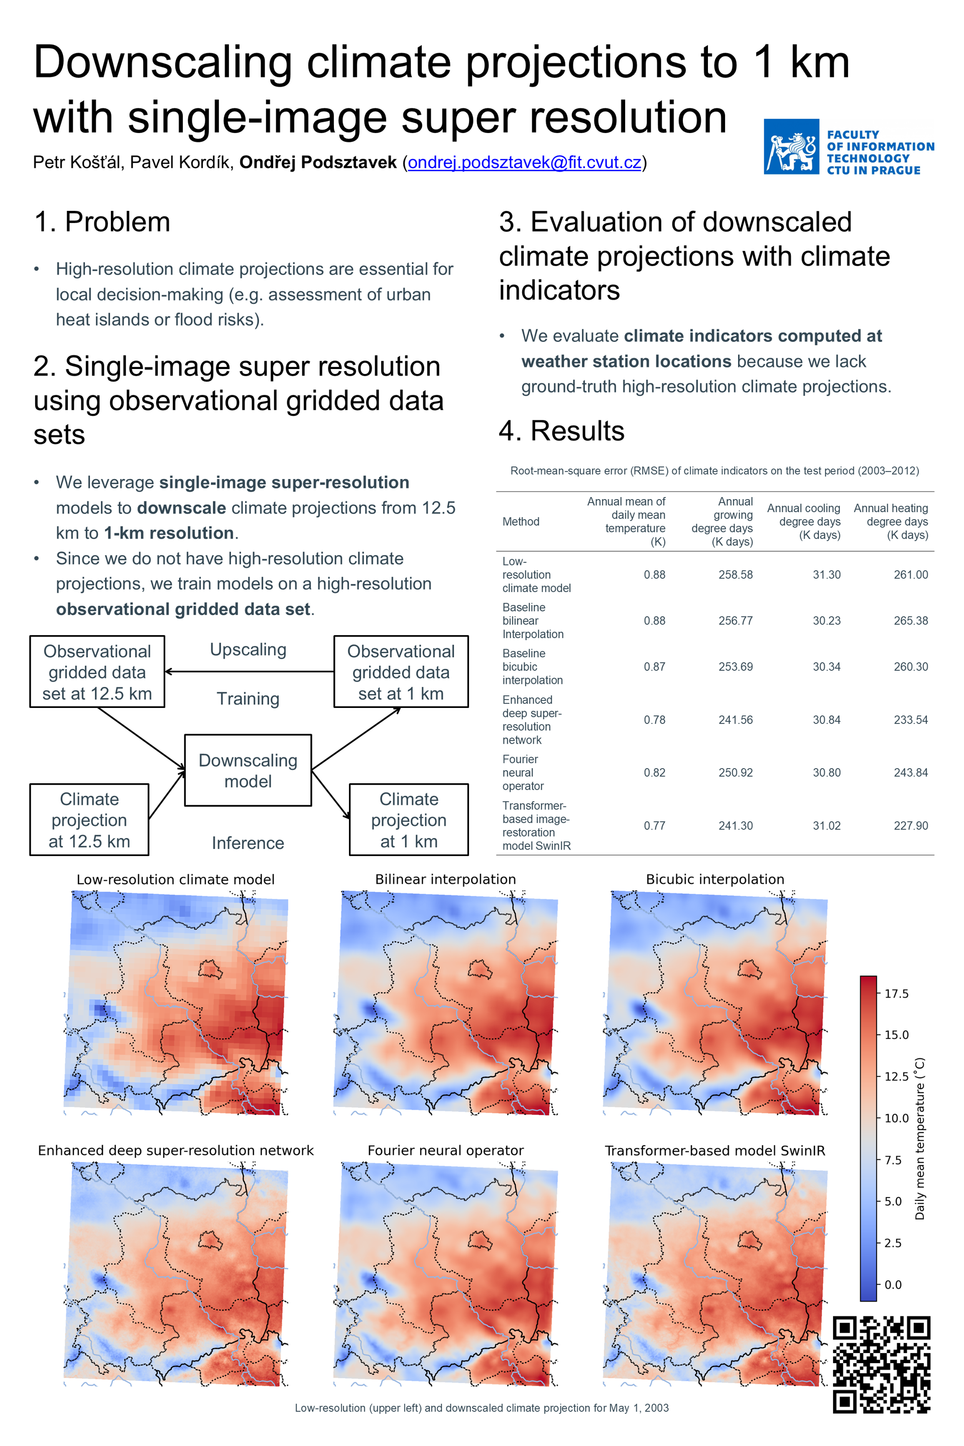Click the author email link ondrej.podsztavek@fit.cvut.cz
(524, 162)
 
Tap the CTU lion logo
(791, 147)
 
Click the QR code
(881, 1364)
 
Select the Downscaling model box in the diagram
(248, 770)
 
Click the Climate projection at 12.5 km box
(89, 819)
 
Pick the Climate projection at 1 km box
(409, 819)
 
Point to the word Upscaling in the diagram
(248, 650)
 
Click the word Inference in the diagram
(248, 843)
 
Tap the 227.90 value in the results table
(910, 825)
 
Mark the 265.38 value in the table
(910, 621)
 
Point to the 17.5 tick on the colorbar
(896, 994)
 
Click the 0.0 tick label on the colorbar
(893, 1284)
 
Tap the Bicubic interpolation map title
(715, 879)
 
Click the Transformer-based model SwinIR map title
(715, 1150)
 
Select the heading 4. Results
(561, 431)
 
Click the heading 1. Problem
(102, 222)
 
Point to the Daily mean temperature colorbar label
(920, 1139)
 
